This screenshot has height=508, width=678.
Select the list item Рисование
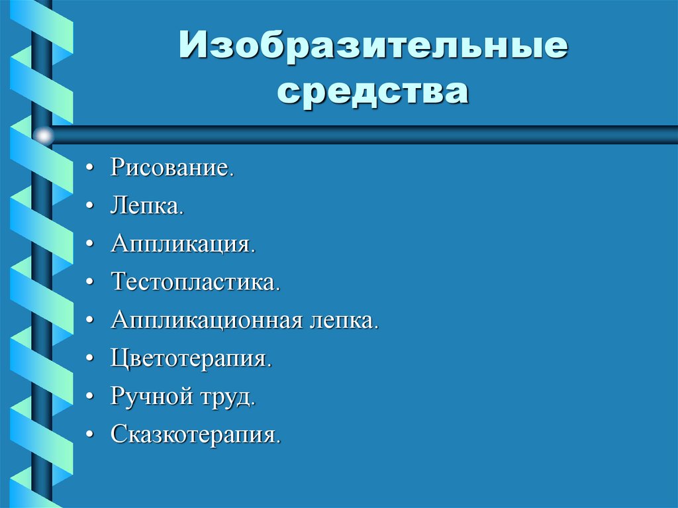click(x=172, y=167)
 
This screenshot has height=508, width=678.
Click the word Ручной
click(x=150, y=397)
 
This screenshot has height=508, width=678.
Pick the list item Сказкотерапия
click(x=196, y=435)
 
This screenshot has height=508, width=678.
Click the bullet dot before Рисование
click(x=89, y=168)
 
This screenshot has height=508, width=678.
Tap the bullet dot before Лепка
click(x=89, y=207)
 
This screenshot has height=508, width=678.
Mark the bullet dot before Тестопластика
click(x=89, y=283)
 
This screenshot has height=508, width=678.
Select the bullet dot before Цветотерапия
click(x=89, y=360)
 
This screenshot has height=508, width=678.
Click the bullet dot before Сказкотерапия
click(x=89, y=436)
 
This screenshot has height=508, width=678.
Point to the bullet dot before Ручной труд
click(x=89, y=399)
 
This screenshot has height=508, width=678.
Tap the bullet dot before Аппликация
click(x=89, y=245)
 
